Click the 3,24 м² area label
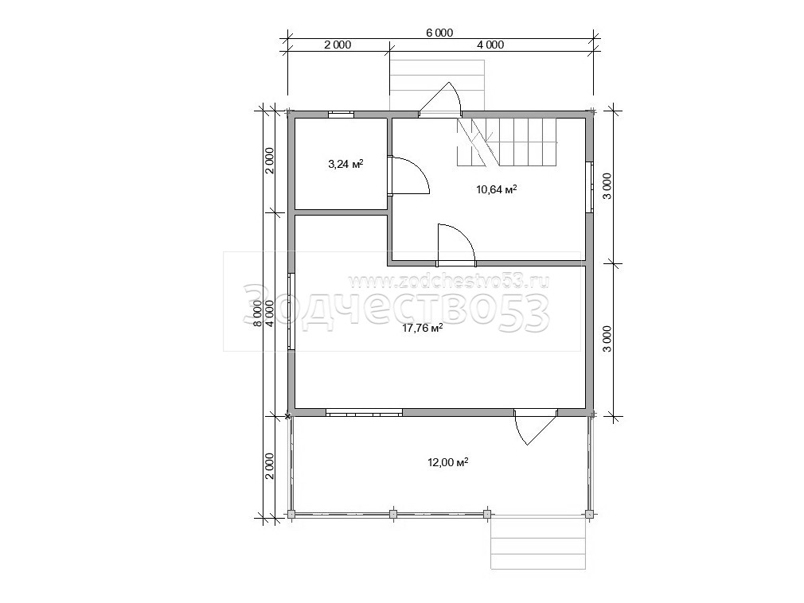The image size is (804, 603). point(345,164)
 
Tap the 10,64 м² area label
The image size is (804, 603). point(497,189)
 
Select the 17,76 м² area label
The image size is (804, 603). point(423,329)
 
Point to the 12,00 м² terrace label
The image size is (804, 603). point(447,462)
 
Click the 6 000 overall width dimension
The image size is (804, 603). point(439,33)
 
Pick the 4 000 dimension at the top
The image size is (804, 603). point(490,45)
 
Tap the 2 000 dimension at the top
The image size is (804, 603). point(338,45)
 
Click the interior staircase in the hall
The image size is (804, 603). point(506,142)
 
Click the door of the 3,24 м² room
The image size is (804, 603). point(410,175)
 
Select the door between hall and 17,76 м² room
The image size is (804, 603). point(457,245)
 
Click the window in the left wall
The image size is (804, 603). point(291,312)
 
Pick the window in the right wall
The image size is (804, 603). point(590,187)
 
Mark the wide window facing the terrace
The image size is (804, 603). point(364,412)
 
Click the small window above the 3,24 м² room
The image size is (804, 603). point(341,115)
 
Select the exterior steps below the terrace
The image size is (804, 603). point(537,544)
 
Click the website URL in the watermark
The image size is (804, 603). point(449,282)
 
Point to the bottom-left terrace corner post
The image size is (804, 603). point(291,514)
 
